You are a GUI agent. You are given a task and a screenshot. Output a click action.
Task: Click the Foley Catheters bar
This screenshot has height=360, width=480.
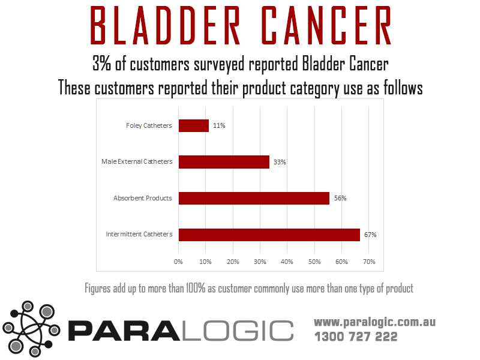click(194, 126)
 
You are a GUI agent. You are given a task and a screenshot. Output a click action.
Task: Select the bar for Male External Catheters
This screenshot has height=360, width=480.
click(224, 162)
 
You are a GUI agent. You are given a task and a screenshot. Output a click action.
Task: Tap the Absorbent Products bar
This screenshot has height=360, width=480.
click(254, 199)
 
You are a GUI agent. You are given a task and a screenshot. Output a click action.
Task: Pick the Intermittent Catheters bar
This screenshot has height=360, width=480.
click(269, 235)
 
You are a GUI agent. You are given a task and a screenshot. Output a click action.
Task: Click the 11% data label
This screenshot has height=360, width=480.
click(219, 125)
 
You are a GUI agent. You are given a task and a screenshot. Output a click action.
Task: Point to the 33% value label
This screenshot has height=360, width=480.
click(280, 162)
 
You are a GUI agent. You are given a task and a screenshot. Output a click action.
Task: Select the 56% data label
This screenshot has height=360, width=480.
click(340, 198)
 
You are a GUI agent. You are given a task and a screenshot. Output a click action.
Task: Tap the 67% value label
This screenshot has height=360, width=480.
click(370, 235)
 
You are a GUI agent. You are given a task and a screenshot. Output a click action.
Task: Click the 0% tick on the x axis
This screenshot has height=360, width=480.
click(178, 262)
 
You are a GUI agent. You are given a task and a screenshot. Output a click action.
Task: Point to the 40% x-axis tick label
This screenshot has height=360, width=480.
click(287, 262)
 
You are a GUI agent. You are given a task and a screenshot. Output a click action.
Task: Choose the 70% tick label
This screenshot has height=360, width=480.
click(369, 262)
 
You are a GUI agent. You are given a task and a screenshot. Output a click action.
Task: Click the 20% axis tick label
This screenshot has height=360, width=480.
click(233, 262)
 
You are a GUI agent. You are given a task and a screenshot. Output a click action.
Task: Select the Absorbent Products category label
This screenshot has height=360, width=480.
click(143, 198)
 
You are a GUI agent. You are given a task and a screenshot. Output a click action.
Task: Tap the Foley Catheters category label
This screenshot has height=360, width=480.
click(149, 125)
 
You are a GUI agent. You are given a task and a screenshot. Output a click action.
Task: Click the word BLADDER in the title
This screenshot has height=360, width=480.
click(166, 25)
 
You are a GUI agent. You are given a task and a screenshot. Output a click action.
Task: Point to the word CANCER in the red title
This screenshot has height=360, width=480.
click(326, 25)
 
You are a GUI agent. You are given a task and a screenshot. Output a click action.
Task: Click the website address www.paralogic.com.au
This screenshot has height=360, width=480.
click(374, 322)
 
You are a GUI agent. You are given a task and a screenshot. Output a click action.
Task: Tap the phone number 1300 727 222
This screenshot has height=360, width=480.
click(356, 337)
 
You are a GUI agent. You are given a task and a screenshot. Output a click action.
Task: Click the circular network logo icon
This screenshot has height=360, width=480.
click(31, 329)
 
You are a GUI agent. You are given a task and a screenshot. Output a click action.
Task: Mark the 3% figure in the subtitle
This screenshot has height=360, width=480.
click(101, 64)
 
